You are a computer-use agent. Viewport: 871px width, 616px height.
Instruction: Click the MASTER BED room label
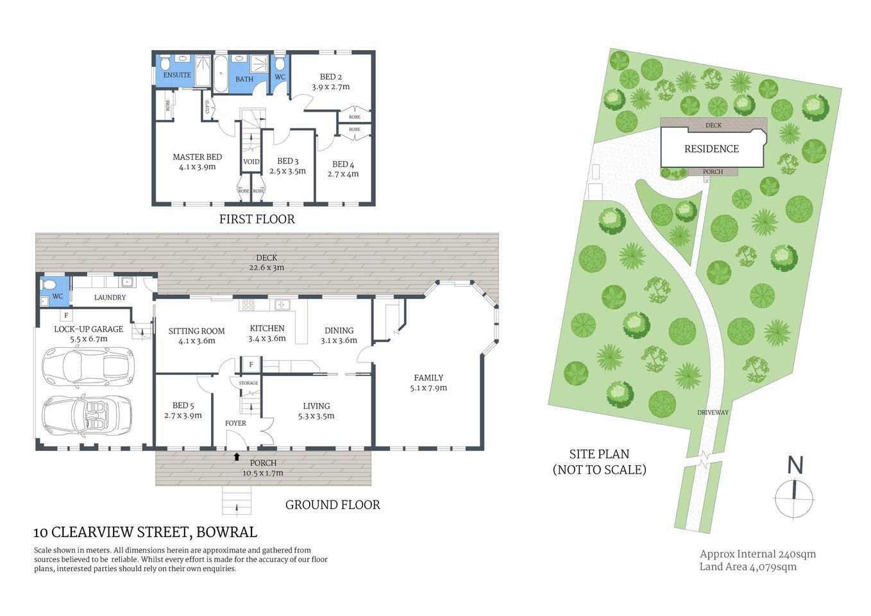(x=197, y=157)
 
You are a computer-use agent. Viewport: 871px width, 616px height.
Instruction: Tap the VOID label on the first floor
(x=251, y=162)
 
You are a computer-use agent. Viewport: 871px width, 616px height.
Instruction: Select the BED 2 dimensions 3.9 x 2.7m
(x=331, y=87)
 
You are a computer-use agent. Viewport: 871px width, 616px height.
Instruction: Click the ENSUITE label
(x=177, y=75)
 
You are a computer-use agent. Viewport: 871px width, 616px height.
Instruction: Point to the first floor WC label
(x=280, y=77)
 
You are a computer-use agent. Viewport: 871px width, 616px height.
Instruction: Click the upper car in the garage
(x=88, y=366)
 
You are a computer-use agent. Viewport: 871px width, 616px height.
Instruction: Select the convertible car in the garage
(x=87, y=415)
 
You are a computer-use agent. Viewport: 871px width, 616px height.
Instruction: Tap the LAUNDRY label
(x=110, y=297)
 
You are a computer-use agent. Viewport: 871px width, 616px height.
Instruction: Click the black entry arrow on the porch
(x=237, y=457)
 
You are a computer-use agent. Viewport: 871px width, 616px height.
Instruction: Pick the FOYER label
(x=235, y=423)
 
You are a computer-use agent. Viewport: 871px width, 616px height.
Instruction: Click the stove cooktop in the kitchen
(x=248, y=305)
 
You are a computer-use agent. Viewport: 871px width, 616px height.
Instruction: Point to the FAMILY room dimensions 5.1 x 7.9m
(x=428, y=388)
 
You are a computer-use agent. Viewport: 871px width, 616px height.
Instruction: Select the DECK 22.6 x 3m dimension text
(x=267, y=268)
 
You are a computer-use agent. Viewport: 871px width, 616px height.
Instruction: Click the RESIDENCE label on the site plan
(x=711, y=149)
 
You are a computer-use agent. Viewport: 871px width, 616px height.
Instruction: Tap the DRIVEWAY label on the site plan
(x=713, y=413)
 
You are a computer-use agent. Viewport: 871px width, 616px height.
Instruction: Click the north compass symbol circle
(x=794, y=497)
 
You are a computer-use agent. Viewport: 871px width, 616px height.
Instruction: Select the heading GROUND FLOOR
(x=332, y=505)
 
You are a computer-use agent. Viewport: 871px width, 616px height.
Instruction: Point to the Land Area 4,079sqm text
(x=748, y=567)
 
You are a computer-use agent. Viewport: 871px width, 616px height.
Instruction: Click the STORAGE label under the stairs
(x=248, y=383)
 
